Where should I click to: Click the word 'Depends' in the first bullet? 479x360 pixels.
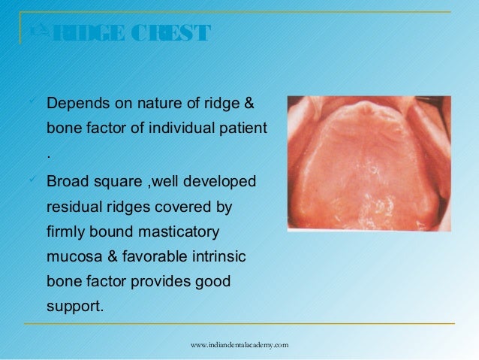coord(76,102)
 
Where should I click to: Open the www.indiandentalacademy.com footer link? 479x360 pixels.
coord(239,344)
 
